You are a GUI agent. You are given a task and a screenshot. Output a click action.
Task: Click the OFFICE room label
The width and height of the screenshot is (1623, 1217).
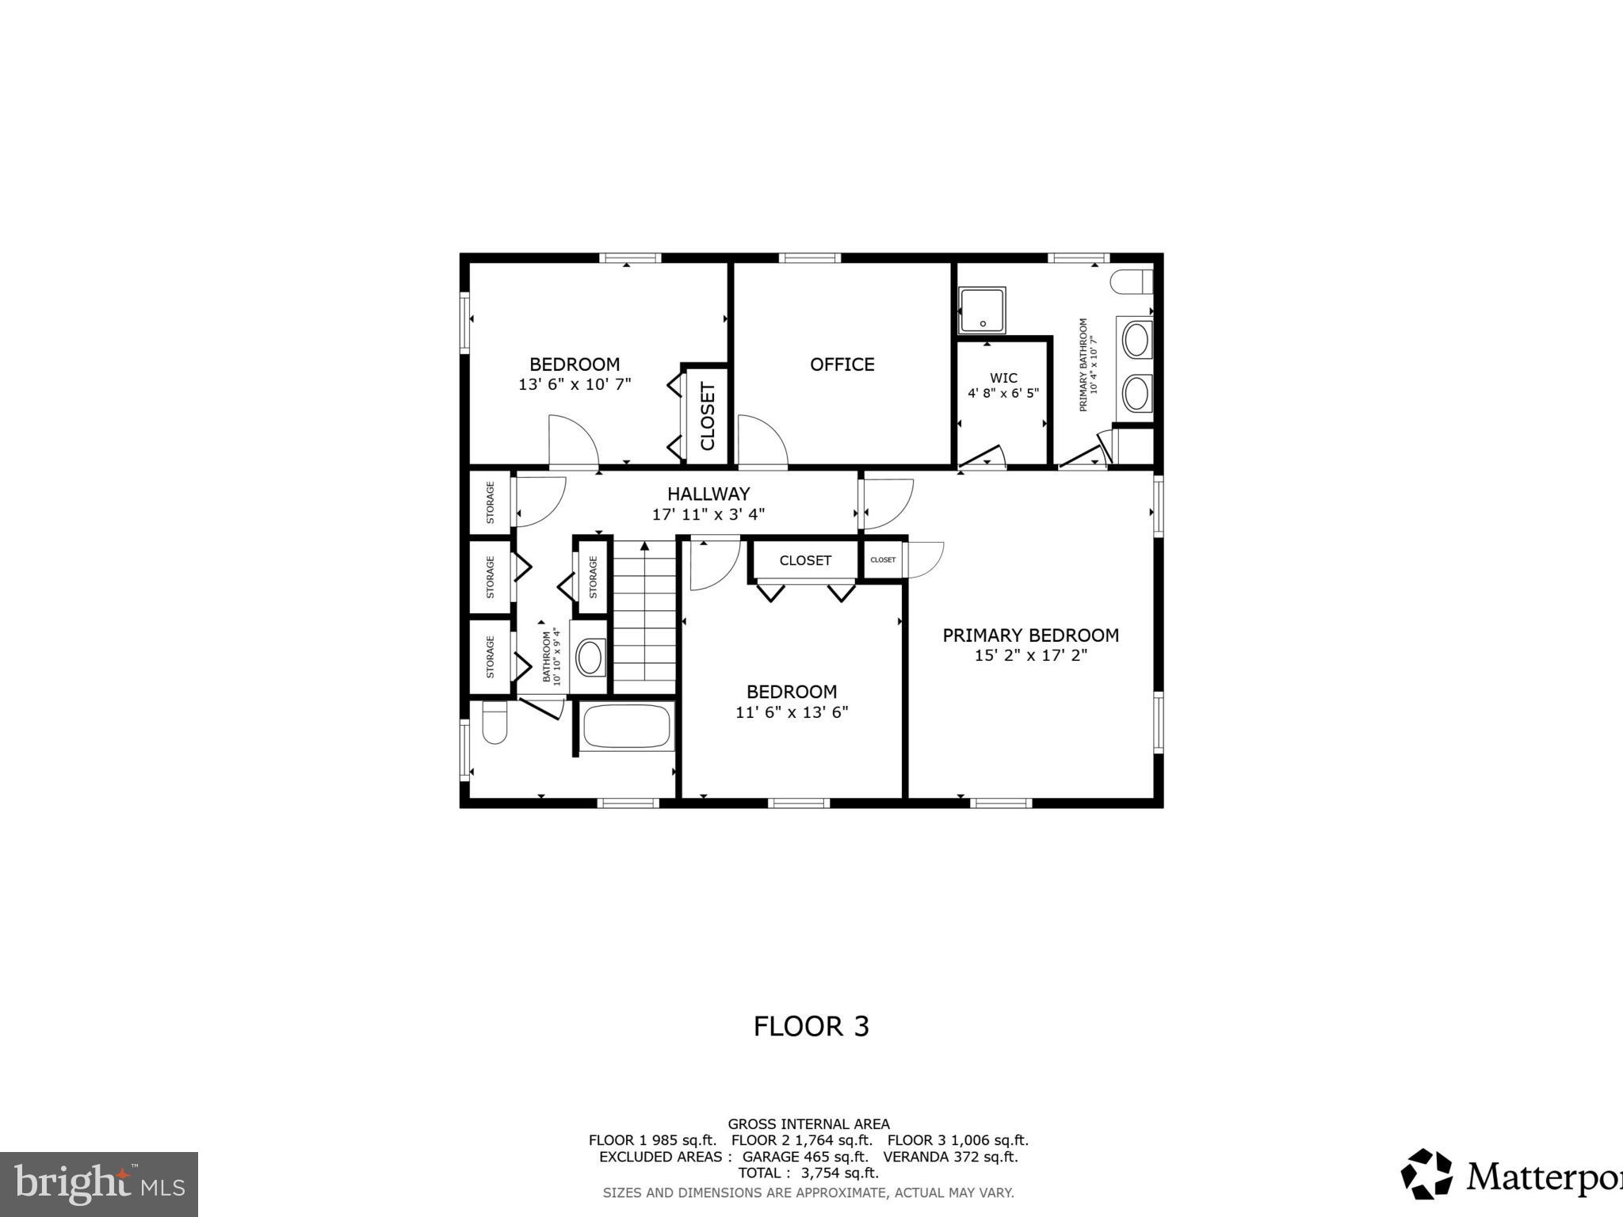842,364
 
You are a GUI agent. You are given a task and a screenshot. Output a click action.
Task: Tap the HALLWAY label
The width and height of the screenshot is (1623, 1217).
708,494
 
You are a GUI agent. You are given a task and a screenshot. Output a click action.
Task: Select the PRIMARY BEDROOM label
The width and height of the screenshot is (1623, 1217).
1030,635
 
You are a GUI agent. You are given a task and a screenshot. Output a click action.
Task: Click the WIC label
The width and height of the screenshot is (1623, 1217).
1002,378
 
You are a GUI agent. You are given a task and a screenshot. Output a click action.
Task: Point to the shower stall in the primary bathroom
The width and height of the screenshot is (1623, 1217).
982,310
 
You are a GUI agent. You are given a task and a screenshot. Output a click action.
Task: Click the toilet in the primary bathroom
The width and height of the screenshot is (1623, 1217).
1132,282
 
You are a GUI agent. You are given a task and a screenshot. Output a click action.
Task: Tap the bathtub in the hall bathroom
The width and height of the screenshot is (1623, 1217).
626,726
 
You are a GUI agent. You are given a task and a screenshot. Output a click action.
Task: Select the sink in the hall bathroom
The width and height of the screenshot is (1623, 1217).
590,658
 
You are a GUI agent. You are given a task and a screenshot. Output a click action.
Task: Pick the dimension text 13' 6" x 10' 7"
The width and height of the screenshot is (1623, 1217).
575,384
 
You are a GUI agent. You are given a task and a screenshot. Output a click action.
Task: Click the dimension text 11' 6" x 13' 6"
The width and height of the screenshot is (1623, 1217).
792,712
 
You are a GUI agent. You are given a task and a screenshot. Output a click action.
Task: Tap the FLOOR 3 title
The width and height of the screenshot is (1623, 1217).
811,1026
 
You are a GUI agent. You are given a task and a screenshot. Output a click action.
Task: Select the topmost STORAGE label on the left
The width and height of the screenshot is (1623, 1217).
490,502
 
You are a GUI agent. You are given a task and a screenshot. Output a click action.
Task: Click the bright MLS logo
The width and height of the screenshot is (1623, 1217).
98,1184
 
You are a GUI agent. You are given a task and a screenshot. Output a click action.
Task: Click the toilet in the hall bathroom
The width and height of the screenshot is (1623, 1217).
495,723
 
